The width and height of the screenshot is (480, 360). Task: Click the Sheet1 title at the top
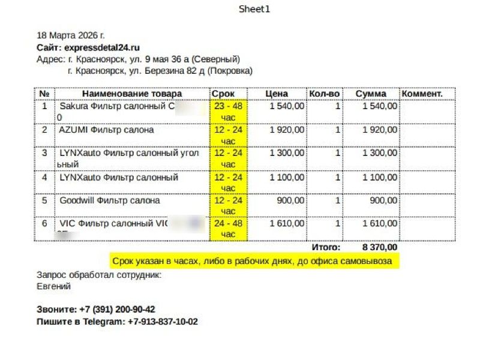(255, 9)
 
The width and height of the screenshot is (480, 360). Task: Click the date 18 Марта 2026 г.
(71, 35)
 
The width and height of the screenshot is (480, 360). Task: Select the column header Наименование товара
(131, 94)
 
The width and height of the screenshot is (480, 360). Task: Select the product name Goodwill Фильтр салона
(110, 200)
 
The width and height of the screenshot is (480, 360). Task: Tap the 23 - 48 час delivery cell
(228, 111)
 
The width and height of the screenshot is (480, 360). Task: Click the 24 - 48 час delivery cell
(228, 229)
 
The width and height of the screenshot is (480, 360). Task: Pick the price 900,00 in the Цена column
(290, 200)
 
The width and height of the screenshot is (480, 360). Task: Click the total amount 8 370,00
(379, 247)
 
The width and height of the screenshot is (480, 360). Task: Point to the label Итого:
(326, 247)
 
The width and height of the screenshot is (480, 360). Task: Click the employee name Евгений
(54, 286)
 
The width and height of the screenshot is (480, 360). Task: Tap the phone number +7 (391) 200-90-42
(117, 310)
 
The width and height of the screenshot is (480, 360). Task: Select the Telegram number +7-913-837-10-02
(163, 322)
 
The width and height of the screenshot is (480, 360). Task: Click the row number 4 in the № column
(44, 177)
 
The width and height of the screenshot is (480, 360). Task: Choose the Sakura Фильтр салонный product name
(118, 106)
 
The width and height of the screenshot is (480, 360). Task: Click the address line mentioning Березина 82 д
(160, 71)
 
